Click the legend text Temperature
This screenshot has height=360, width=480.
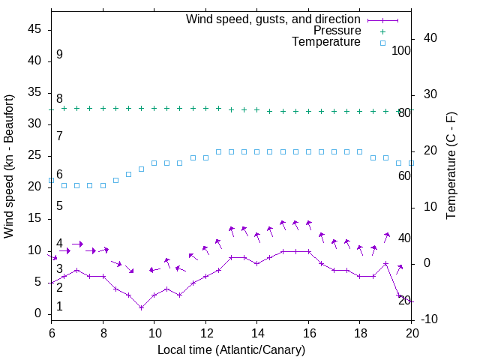point(326,42)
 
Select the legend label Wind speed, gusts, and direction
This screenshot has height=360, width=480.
point(274,19)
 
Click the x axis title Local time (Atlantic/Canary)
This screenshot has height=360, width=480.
point(231,349)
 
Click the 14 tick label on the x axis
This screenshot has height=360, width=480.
point(256,332)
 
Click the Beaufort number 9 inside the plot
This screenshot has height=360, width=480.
point(59,55)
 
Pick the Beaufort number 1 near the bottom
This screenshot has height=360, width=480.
point(59,306)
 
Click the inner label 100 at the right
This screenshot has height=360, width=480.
point(401,50)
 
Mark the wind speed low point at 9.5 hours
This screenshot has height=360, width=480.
point(141,307)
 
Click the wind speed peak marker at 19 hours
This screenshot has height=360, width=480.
point(385,263)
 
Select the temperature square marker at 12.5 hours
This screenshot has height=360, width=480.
point(218,151)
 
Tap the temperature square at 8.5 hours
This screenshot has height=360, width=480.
point(115,180)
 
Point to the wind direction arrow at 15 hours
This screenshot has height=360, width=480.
point(282,224)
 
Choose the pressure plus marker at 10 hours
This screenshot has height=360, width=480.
point(154,108)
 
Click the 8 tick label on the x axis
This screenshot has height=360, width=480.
point(103,332)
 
